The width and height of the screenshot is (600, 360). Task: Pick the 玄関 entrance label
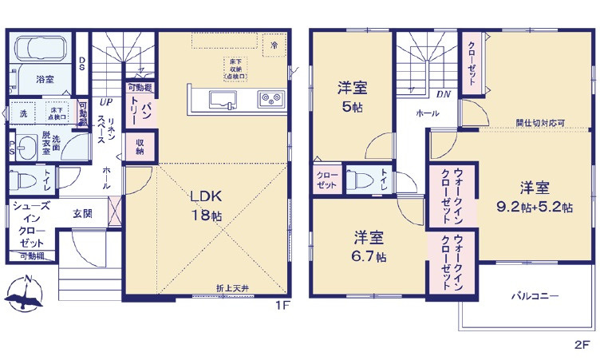(x=82, y=213)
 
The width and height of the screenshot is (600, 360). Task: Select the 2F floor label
(x=580, y=345)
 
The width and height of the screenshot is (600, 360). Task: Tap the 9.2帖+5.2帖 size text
(x=535, y=208)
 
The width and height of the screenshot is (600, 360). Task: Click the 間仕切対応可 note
(x=540, y=124)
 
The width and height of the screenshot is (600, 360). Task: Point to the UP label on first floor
(x=104, y=102)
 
